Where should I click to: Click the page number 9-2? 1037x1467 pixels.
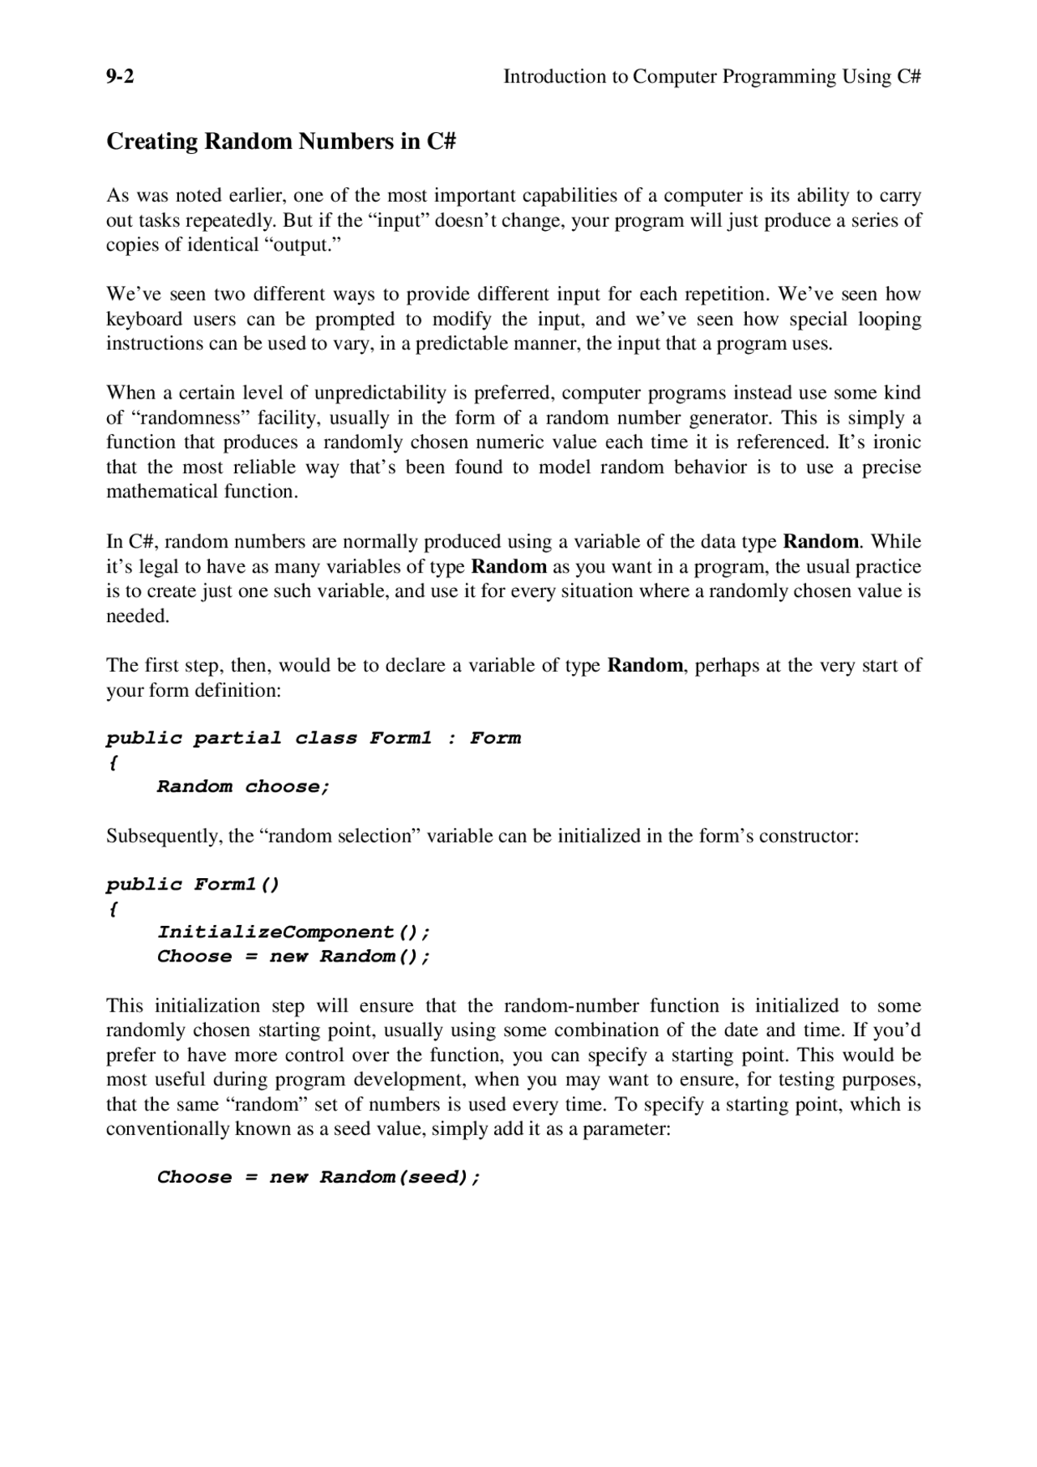pos(120,77)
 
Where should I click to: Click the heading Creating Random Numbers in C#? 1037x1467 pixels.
pos(281,142)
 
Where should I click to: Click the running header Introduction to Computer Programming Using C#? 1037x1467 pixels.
pos(712,77)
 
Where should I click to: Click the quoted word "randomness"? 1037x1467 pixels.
pos(190,418)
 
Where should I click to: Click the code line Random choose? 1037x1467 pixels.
pos(243,787)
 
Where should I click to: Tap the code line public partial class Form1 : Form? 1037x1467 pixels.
pos(314,738)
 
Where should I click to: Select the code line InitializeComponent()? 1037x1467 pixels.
pos(293,932)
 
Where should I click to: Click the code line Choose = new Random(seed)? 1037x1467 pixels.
pos(318,1177)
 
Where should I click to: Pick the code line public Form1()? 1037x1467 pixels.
pos(193,884)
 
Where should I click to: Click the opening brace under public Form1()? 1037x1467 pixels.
pos(113,909)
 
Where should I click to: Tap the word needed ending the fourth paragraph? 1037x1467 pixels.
pos(138,616)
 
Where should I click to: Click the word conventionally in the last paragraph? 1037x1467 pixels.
pos(168,1129)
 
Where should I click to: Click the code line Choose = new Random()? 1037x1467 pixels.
pos(293,957)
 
